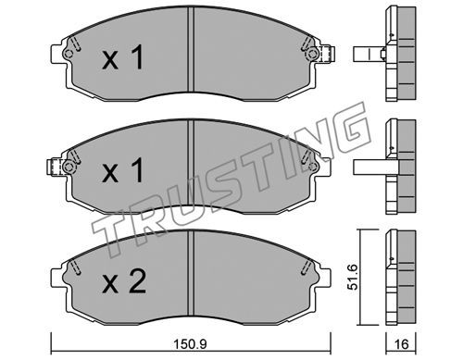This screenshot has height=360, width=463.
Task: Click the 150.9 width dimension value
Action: [x=190, y=344]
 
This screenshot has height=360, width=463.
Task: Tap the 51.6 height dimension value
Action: [x=352, y=277]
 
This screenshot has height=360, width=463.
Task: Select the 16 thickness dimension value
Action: [x=401, y=344]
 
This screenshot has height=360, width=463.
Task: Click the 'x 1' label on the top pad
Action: [x=123, y=57]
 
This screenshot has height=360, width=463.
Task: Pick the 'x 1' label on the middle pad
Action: [x=123, y=170]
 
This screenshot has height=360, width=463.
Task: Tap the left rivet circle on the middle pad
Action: [x=69, y=168]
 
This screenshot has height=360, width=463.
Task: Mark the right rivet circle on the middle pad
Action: [x=313, y=167]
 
